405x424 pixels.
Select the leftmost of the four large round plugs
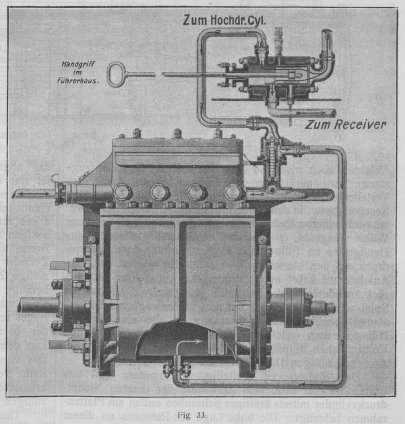[x=122, y=192]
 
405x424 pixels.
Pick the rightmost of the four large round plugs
[x=232, y=192]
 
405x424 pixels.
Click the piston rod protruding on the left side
[x=36, y=305]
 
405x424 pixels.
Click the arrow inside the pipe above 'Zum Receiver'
[x=303, y=114]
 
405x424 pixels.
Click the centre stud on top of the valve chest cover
[x=177, y=134]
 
